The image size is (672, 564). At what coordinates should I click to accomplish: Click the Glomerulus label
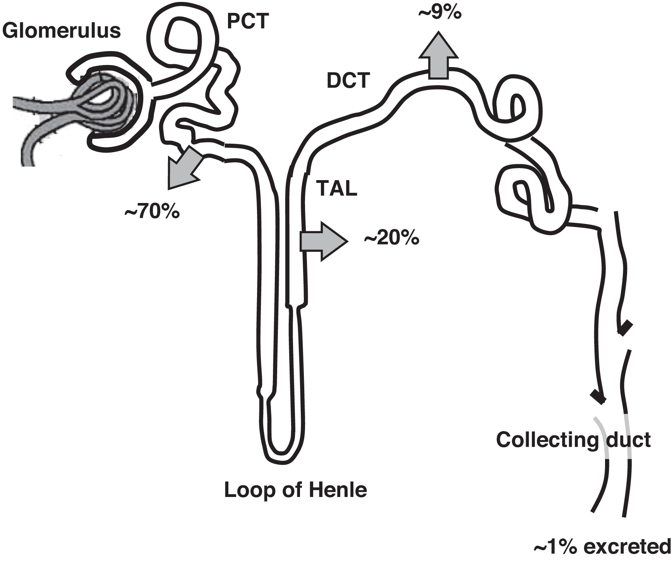pyautogui.click(x=62, y=30)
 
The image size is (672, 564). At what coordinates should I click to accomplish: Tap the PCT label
pyautogui.click(x=248, y=21)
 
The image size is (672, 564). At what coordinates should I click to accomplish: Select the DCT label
pyautogui.click(x=348, y=81)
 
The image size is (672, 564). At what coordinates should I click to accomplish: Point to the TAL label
pyautogui.click(x=336, y=189)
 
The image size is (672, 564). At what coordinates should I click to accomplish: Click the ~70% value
pyautogui.click(x=152, y=212)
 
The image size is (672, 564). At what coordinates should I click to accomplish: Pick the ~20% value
pyautogui.click(x=391, y=238)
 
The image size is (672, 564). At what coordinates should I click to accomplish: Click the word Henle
pyautogui.click(x=338, y=490)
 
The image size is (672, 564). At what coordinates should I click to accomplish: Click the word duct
pyautogui.click(x=628, y=440)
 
